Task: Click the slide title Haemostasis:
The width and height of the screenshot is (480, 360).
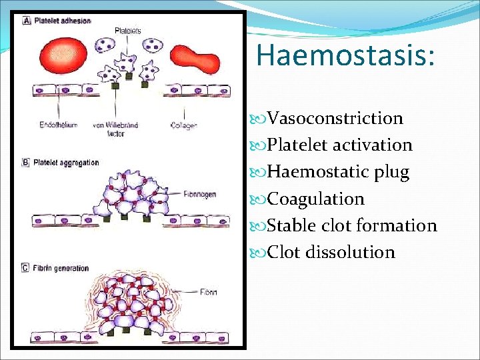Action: click(345, 55)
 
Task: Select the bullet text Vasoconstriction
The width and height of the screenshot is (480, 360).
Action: click(335, 118)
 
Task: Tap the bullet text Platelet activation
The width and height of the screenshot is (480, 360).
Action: click(339, 145)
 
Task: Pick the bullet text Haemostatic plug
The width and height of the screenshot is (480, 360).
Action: click(338, 172)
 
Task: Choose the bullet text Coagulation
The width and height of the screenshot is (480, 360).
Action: click(315, 199)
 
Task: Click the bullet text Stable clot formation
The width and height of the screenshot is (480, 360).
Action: click(351, 225)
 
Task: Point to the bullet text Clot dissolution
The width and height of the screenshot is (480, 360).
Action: click(331, 252)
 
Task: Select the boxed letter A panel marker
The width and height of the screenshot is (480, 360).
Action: click(27, 21)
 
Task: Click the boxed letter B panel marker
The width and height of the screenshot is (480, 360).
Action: click(27, 163)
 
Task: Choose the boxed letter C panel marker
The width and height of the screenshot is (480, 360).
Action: click(27, 269)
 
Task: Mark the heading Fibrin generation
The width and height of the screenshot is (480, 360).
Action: click(61, 269)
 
